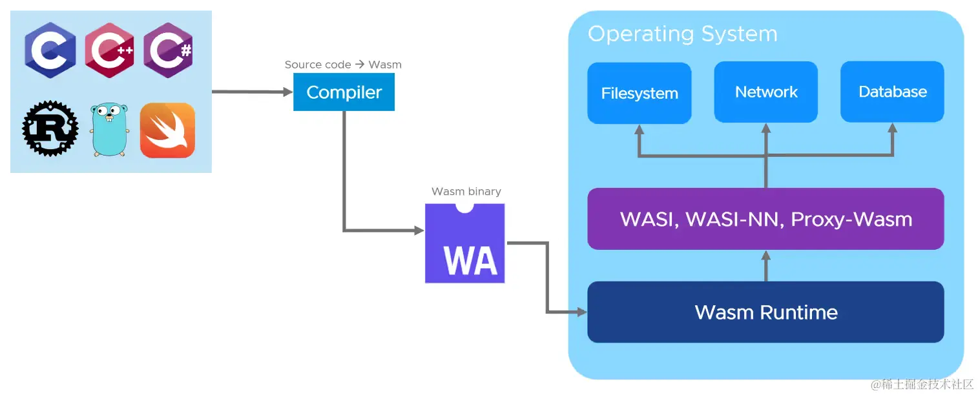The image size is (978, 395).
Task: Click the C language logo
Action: pos(50,50)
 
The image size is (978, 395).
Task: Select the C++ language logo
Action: pos(109,50)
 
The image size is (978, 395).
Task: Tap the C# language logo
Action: pos(168,50)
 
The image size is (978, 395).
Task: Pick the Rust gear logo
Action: pos(50,129)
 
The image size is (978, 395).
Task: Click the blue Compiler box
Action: pos(344,92)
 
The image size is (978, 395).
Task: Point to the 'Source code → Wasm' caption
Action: pos(343,65)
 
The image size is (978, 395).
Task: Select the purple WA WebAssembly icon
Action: pos(464,244)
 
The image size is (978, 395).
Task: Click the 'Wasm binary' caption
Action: pos(466,192)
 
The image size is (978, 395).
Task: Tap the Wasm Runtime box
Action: pos(765,312)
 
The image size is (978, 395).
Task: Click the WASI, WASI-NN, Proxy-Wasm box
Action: pos(765,219)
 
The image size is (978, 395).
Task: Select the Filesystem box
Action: pos(639,94)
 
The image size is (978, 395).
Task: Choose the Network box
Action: pos(765,92)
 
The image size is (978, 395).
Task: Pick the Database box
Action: pos(892,92)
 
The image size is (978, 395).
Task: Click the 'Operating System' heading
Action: pos(682,34)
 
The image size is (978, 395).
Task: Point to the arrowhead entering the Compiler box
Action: pos(288,92)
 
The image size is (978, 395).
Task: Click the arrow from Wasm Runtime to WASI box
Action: pos(766,266)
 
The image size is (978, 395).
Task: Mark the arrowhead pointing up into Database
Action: pos(892,128)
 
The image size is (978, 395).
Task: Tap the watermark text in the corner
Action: pos(922,384)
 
